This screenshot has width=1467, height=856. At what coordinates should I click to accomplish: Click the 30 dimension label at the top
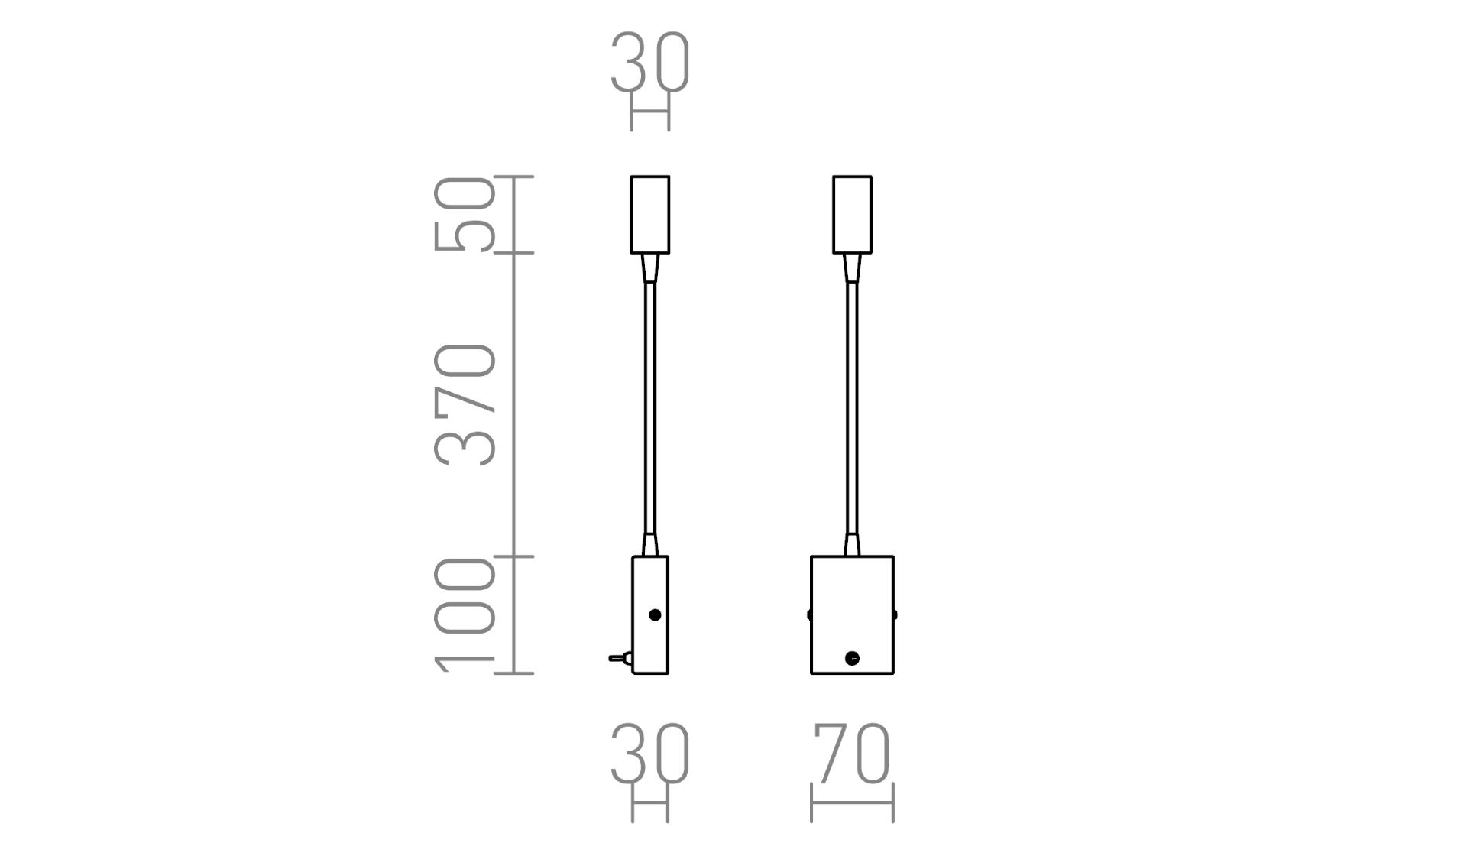[x=650, y=63]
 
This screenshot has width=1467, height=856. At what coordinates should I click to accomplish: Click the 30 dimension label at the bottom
[x=650, y=754]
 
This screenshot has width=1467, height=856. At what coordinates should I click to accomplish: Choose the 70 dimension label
[x=853, y=754]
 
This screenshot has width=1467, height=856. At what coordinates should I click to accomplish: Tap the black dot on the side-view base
[x=655, y=614]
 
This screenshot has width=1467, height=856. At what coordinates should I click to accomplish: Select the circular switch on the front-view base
[x=853, y=658]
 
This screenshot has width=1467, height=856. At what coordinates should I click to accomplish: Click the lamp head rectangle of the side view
[x=650, y=215]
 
